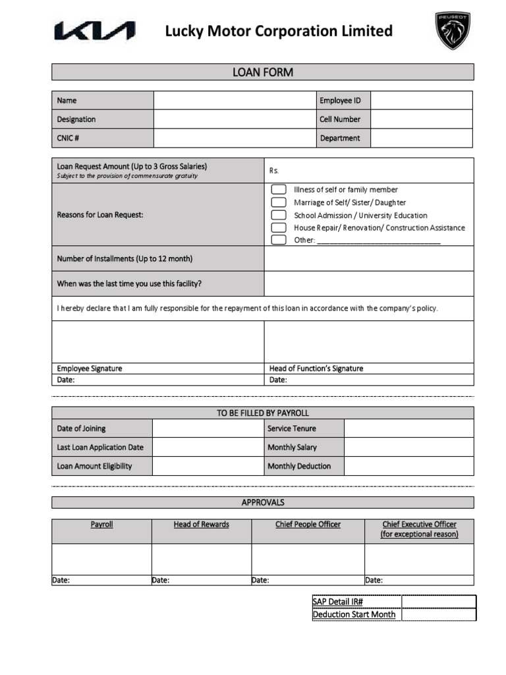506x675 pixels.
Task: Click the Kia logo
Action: tap(94, 31)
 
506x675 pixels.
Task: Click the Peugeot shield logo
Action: tap(452, 30)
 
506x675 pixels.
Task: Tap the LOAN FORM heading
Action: tap(262, 72)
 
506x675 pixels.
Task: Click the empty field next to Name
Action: tap(235, 100)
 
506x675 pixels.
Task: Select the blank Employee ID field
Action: tap(421, 100)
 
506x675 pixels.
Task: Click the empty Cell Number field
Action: tap(421, 119)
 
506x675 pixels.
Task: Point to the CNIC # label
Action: tap(69, 138)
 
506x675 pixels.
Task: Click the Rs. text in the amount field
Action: tap(275, 171)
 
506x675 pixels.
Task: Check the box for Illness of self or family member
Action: tap(279, 190)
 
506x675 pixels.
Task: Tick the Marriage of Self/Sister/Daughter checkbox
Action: tap(279, 202)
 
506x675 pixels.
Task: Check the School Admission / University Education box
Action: tap(279, 215)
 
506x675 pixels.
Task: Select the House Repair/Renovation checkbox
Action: tap(279, 227)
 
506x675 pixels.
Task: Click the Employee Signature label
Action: tap(90, 368)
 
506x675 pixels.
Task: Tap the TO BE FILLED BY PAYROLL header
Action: tap(262, 413)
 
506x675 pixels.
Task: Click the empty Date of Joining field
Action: tap(208, 428)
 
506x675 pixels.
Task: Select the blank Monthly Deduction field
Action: tap(408, 466)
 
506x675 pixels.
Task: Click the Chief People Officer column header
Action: tap(308, 525)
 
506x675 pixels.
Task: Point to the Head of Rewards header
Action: tap(201, 525)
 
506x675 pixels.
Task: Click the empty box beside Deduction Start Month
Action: tap(438, 614)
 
